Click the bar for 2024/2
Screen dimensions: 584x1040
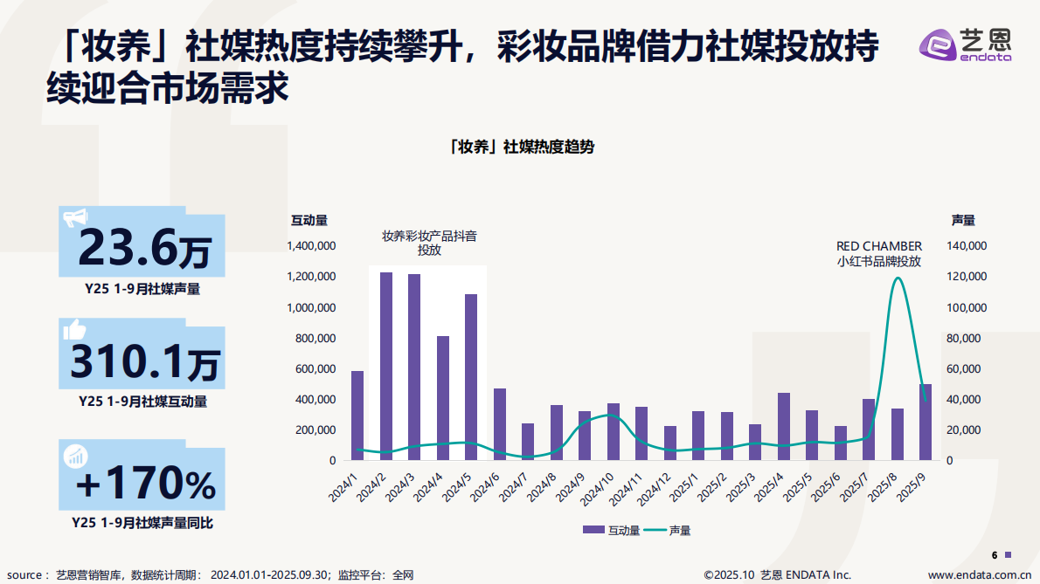coord(385,366)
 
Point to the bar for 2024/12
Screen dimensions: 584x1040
coord(669,443)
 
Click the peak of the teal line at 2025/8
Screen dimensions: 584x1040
coord(897,278)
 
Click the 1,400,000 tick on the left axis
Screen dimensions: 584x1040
coord(311,246)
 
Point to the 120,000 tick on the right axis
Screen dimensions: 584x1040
coord(967,277)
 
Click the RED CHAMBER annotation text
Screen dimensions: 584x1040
coord(878,246)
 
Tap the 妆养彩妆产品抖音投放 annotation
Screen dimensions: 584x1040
coord(428,243)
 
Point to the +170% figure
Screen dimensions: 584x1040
coord(144,483)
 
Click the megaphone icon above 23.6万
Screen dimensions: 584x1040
coord(75,217)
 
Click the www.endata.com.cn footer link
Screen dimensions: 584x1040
coord(978,574)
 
